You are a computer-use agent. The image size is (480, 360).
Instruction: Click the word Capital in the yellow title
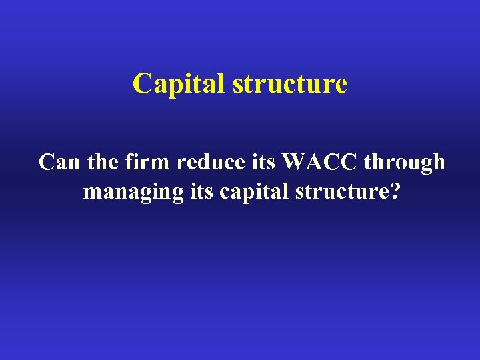click(x=178, y=84)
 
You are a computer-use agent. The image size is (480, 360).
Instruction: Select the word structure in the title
click(x=289, y=84)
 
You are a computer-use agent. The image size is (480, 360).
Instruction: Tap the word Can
click(x=60, y=162)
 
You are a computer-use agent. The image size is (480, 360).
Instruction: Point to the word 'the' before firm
click(x=103, y=162)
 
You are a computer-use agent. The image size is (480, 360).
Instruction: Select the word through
click(x=405, y=163)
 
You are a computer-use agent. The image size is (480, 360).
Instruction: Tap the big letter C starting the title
click(x=142, y=84)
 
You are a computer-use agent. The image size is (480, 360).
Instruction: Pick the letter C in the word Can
click(x=47, y=162)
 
